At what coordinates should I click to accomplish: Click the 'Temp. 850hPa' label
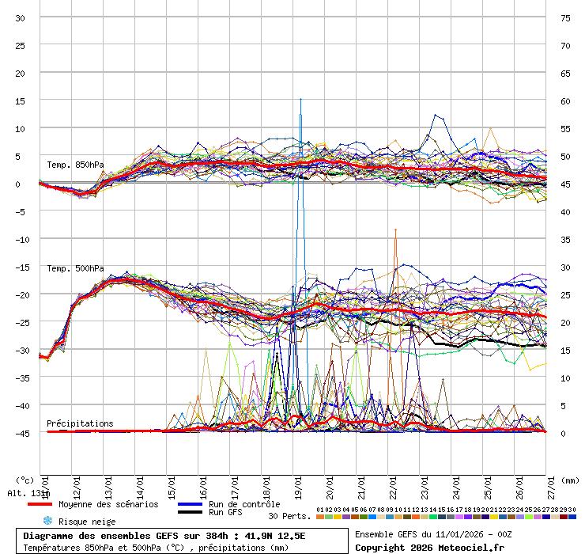[x=75, y=165]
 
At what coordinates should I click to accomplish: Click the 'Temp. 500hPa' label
[x=75, y=268]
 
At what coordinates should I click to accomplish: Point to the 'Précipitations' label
[x=80, y=423]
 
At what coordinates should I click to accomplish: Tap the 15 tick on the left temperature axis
[x=20, y=101]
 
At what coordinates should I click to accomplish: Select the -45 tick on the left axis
[x=20, y=433]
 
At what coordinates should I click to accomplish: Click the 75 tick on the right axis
[x=565, y=17]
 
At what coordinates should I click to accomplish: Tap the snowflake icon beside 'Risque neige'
[x=47, y=521]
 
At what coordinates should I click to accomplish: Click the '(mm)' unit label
[x=571, y=480]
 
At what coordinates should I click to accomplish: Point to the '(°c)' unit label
[x=25, y=480]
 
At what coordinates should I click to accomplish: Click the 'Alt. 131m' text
[x=28, y=493]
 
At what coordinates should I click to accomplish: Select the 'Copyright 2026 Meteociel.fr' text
[x=429, y=547]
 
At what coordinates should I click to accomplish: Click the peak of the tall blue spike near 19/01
[x=300, y=99]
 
